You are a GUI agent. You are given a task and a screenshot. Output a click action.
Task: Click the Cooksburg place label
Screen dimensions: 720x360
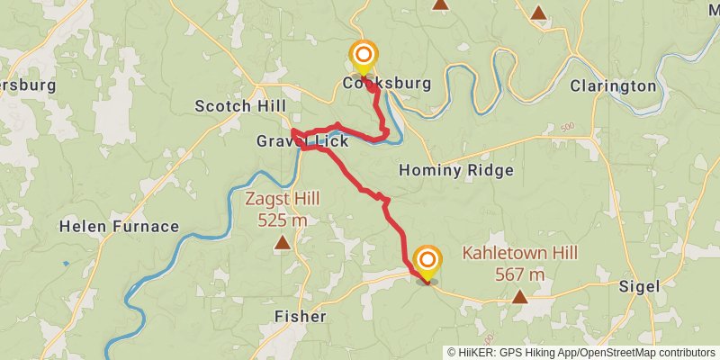387,84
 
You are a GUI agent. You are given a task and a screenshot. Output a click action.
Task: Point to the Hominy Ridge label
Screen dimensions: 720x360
455,170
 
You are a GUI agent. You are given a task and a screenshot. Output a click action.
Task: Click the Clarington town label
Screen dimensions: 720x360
613,86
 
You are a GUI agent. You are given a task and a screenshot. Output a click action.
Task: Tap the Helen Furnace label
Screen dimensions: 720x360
119,226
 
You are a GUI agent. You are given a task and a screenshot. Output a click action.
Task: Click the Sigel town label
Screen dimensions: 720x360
640,286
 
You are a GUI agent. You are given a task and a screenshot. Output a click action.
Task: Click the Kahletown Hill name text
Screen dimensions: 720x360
519,255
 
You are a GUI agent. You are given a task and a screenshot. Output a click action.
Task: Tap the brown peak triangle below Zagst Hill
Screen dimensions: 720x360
283,241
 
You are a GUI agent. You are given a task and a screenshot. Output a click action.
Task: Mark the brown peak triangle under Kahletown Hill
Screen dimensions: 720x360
519,295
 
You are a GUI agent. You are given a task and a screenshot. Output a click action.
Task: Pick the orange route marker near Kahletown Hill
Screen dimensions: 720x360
427,261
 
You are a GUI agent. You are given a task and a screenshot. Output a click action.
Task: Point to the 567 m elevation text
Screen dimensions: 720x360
519,274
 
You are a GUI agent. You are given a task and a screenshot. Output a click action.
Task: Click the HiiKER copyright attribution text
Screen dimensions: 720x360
581,352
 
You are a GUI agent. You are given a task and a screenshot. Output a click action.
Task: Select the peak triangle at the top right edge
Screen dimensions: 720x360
538,13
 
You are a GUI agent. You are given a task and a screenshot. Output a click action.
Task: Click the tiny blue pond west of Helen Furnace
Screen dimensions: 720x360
66,265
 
